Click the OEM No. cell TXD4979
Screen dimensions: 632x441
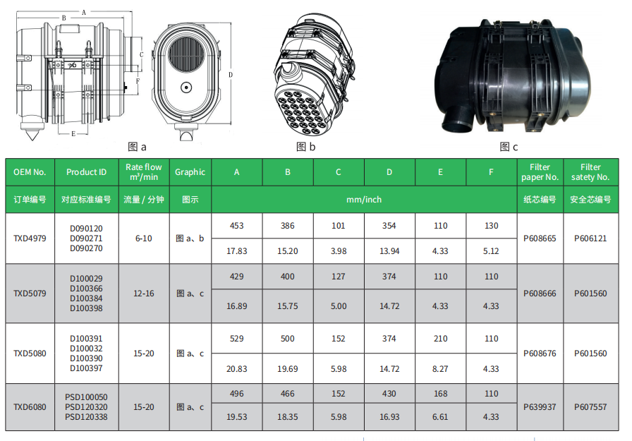[30, 238]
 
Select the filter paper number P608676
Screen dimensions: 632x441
[540, 354]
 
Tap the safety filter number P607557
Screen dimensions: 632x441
[590, 407]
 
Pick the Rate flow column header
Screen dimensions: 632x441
[144, 172]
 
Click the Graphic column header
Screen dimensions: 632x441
[190, 172]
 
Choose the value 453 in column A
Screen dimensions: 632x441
[236, 226]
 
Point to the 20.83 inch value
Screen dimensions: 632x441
[236, 369]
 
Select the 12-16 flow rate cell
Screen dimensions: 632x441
[144, 294]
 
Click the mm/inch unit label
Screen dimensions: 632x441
[364, 200]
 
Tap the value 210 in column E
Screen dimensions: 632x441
[441, 339]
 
